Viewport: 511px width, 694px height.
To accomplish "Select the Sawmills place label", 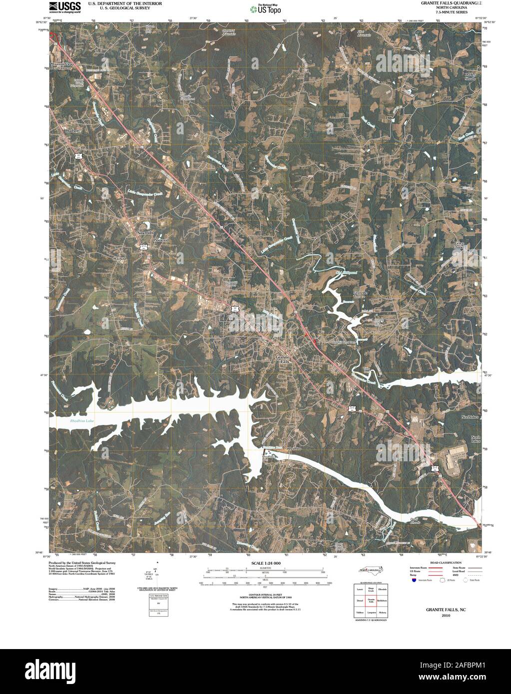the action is [x=145, y=233].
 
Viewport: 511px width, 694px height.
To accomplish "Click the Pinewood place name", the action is [x=161, y=240].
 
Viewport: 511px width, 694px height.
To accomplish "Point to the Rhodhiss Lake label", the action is [x=82, y=421].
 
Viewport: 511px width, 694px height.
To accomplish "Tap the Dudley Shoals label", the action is [x=470, y=76].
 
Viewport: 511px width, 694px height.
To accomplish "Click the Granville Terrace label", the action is [x=360, y=295].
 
